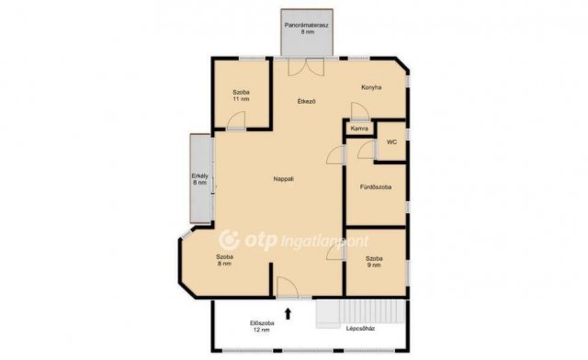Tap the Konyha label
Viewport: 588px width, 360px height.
tap(371, 87)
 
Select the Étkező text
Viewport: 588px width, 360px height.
tap(306, 101)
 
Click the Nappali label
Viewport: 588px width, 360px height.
tap(284, 179)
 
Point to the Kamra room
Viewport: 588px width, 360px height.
tap(359, 129)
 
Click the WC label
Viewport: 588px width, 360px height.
tap(392, 142)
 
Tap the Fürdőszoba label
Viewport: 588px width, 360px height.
tap(376, 186)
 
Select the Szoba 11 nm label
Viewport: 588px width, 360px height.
tap(241, 96)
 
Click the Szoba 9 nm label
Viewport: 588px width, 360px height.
tap(374, 262)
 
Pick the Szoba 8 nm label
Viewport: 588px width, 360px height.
tap(224, 260)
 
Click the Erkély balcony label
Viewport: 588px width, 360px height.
tap(200, 179)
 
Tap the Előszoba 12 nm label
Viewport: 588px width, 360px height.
tap(262, 326)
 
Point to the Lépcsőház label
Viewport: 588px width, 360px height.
tap(360, 329)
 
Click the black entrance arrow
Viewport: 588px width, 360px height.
tap(288, 313)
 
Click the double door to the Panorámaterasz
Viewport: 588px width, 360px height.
tap(306, 67)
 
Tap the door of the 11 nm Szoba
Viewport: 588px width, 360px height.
tap(236, 120)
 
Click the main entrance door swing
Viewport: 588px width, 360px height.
tap(288, 287)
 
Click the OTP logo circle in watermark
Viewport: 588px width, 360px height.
tap(229, 240)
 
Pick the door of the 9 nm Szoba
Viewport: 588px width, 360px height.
tap(335, 251)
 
